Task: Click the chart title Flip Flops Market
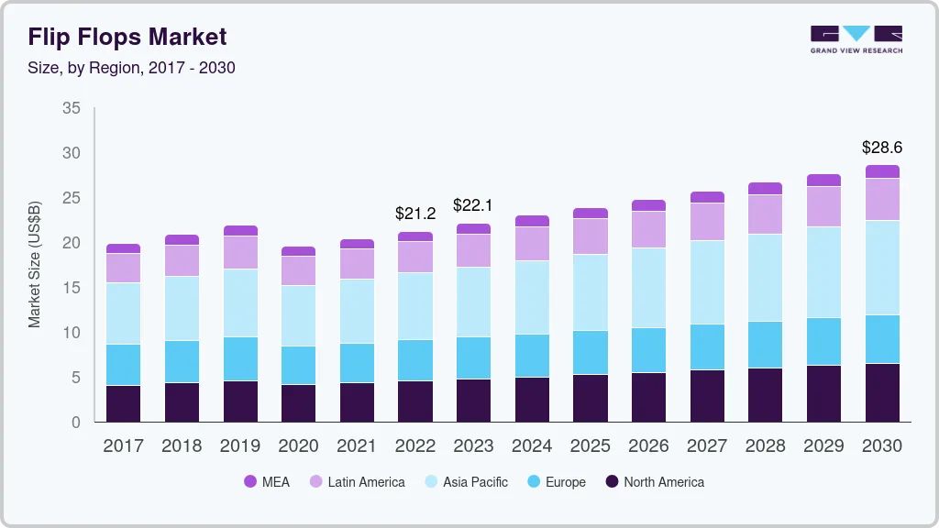click(127, 38)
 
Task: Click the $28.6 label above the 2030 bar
click(882, 147)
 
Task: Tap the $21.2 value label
click(414, 213)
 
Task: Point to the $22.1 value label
click(473, 204)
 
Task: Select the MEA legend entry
click(267, 481)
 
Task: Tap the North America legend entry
click(654, 481)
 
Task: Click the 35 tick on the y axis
click(71, 108)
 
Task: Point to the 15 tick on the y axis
click(71, 288)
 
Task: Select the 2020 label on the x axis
click(298, 446)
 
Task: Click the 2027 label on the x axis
click(707, 446)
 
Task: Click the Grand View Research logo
click(856, 38)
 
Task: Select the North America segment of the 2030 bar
click(882, 392)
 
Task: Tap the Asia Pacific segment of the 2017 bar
click(123, 313)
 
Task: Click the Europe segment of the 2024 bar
click(532, 356)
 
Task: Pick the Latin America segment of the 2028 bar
click(766, 214)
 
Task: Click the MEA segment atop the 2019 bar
click(240, 231)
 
